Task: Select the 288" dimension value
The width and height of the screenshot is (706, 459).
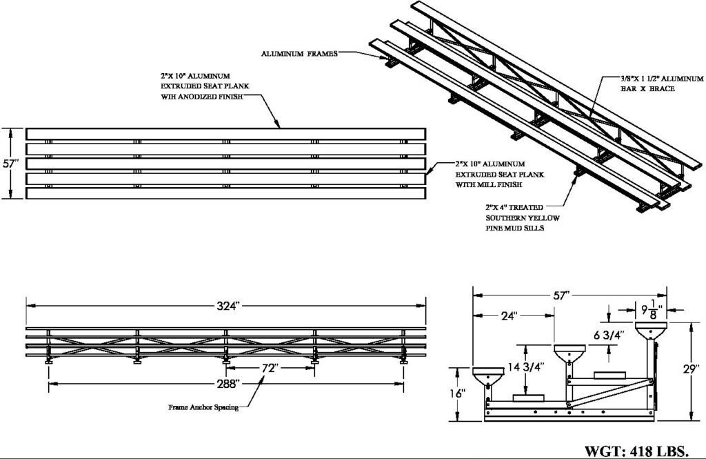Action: (227, 382)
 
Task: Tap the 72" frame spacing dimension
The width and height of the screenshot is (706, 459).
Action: (270, 368)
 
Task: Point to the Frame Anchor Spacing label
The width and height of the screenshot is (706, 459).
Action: (203, 407)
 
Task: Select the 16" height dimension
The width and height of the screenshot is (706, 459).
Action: (461, 393)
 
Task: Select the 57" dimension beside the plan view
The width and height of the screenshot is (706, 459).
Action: (9, 164)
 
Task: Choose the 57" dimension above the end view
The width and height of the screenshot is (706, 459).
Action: (564, 295)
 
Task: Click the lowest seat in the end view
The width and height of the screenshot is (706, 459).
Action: (489, 377)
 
